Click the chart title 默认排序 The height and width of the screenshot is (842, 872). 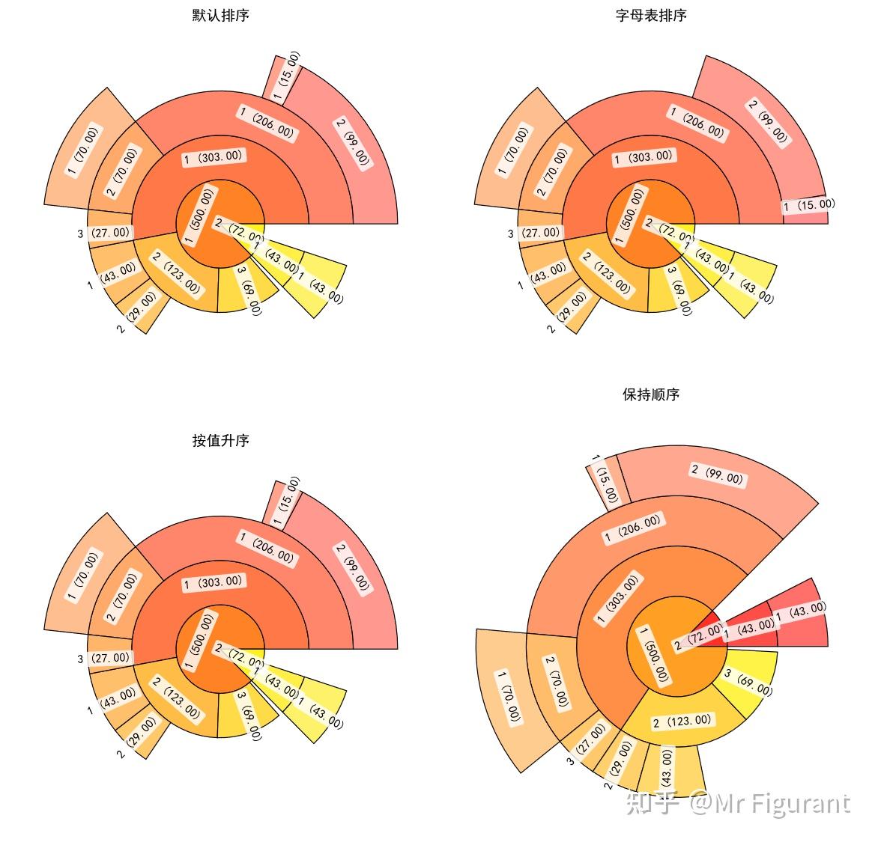(x=220, y=15)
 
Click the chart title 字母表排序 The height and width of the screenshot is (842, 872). (x=650, y=15)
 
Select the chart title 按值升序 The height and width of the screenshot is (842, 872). (x=220, y=441)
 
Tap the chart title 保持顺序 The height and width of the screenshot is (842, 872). (x=650, y=394)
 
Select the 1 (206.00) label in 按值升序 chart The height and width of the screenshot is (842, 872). (x=267, y=547)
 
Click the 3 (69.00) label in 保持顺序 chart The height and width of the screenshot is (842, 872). (x=748, y=682)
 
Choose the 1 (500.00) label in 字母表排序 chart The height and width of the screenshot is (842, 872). (x=629, y=215)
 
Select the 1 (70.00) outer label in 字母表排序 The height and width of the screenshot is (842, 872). (x=512, y=153)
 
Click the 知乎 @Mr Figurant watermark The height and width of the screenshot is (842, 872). (x=738, y=804)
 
